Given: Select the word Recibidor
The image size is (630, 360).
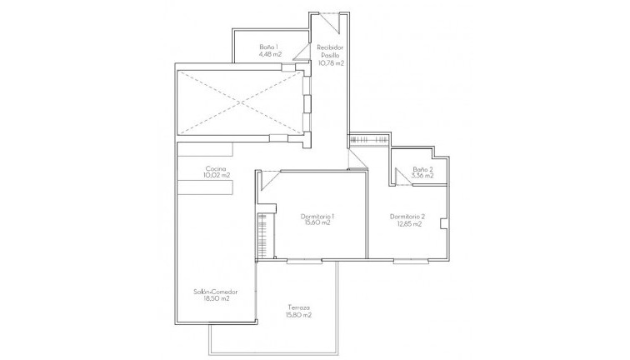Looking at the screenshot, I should click(x=331, y=47).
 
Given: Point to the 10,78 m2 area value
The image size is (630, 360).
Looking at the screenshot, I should click(x=331, y=63).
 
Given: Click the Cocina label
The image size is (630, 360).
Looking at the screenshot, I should click(x=217, y=168).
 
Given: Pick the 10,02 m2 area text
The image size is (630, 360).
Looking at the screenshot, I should click(x=217, y=176).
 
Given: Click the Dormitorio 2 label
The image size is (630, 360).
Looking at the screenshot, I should click(x=407, y=216).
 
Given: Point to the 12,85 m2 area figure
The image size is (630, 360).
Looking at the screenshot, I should click(x=407, y=223).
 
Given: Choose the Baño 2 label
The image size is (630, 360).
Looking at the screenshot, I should click(x=422, y=168).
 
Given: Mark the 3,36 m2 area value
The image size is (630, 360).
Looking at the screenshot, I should click(x=422, y=176).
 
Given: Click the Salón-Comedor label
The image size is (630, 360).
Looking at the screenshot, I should click(x=215, y=291).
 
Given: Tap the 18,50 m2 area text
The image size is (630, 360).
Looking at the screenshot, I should click(x=215, y=298).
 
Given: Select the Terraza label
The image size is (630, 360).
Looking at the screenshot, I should click(x=297, y=307).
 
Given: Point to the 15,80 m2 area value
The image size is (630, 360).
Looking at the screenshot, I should click(x=297, y=315).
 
